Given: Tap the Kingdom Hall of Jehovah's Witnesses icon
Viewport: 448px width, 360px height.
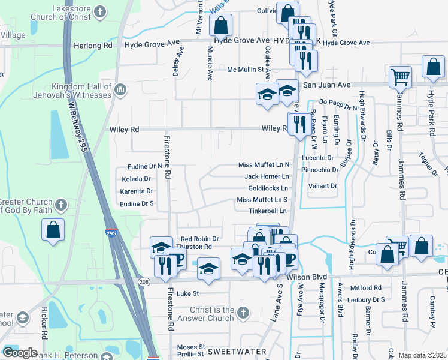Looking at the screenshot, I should [120, 89].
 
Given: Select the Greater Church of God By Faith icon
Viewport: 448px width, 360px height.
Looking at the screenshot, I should [60, 205].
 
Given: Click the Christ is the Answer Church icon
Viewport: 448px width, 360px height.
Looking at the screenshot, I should [242, 312].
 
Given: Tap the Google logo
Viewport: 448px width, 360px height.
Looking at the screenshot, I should [20, 353].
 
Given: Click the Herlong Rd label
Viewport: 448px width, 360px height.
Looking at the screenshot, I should [93, 45].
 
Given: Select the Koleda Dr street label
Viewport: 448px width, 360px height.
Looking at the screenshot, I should [136, 179].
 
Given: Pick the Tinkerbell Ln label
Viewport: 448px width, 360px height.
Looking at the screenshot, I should [268, 211].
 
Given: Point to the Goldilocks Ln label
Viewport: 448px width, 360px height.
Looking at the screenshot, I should [268, 188].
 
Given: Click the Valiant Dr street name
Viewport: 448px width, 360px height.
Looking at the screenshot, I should [323, 186].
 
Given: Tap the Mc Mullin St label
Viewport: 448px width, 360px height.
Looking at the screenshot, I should [246, 70].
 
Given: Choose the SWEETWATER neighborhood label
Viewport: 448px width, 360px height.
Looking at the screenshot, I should [232, 349].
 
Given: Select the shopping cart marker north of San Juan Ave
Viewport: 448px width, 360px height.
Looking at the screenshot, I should [399, 76].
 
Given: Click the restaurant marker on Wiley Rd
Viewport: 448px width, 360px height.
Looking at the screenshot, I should [298, 124].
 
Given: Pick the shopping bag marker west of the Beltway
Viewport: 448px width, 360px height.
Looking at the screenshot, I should [53, 229].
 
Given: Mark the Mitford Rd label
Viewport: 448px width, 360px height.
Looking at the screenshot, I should [370, 287].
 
